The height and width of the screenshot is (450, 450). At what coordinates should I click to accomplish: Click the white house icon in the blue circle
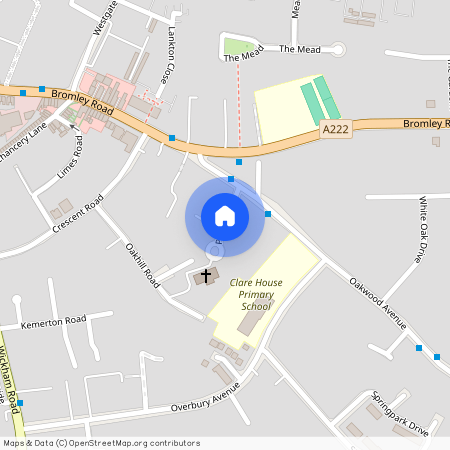224,216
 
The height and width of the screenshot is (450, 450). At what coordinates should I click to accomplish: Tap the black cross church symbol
208,274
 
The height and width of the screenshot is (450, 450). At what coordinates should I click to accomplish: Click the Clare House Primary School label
256,294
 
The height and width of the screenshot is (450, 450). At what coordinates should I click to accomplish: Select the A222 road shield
335,130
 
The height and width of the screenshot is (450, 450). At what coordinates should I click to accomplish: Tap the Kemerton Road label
53,322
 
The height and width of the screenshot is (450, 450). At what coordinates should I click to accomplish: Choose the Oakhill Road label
143,265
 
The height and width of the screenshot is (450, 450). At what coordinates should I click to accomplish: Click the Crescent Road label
79,216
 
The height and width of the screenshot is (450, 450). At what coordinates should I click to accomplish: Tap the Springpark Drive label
399,413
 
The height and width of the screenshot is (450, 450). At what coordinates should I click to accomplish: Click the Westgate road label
104,18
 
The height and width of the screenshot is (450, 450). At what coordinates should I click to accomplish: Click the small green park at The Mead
237,45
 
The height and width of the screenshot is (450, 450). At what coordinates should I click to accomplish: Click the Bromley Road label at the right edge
426,123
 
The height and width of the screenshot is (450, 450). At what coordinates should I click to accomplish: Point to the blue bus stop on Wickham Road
20,402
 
